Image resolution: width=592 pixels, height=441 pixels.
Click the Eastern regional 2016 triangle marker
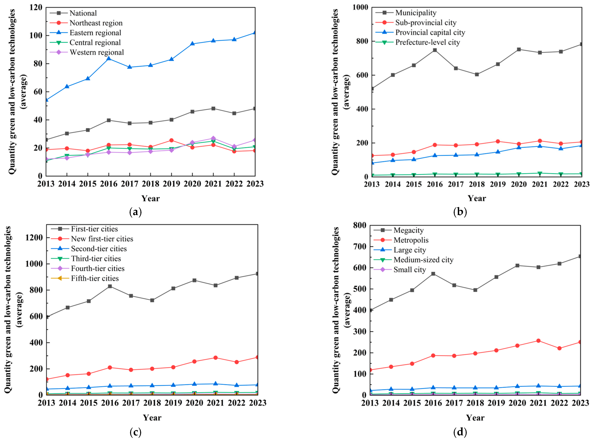click(x=109, y=58)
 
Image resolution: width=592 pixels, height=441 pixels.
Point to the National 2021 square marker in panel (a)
click(x=213, y=108)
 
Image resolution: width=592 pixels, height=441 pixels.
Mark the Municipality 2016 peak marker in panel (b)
click(x=435, y=50)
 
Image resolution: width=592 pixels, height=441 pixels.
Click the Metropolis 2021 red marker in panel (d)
click(x=538, y=341)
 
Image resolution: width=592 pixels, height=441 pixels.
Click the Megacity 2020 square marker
click(x=517, y=265)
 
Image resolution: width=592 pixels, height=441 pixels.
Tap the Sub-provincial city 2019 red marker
click(x=498, y=142)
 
